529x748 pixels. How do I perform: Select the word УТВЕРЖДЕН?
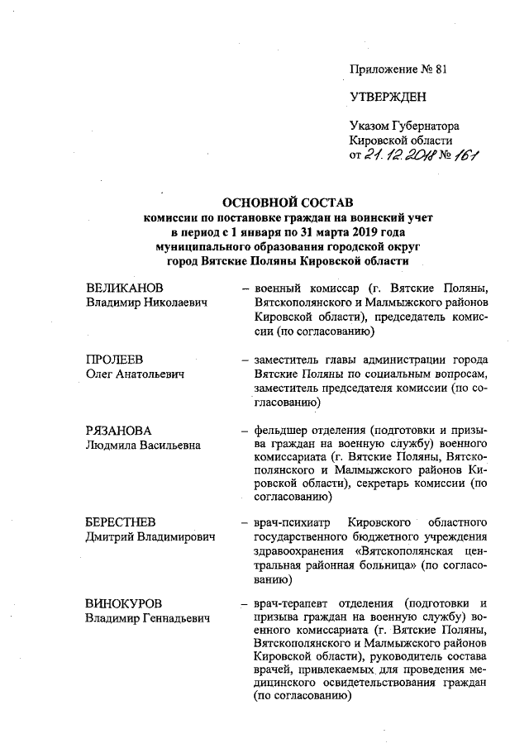point(388,98)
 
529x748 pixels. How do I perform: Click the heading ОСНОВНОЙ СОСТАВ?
point(282,202)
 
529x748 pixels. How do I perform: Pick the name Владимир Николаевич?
point(145,303)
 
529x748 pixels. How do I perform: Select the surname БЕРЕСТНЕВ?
point(122,522)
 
